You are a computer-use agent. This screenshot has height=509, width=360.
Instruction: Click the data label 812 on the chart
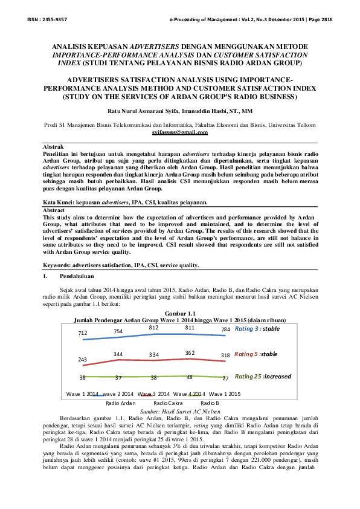coord(153,327)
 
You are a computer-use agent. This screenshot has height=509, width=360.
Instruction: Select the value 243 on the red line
coord(83,359)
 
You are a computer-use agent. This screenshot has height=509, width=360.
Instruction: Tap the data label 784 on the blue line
coord(225,329)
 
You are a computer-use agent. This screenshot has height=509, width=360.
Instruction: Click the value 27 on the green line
coord(225,378)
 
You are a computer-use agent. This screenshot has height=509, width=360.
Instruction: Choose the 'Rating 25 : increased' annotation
coord(263,376)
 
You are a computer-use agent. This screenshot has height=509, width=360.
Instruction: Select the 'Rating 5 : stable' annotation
coord(256,354)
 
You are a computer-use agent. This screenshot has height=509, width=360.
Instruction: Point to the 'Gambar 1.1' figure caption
coord(179,313)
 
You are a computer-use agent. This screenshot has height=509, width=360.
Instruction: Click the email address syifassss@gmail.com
coord(180,132)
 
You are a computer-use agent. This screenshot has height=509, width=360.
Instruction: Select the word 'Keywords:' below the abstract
coord(59,265)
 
